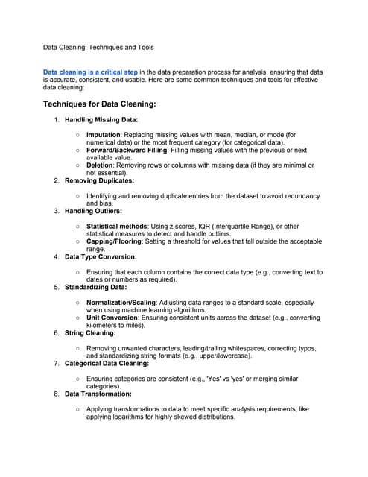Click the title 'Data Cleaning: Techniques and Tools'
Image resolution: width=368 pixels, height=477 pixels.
[x=98, y=47]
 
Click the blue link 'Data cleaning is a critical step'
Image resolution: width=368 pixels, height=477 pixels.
[x=91, y=72]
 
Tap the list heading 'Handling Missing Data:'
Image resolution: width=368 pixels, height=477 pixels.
[x=101, y=119]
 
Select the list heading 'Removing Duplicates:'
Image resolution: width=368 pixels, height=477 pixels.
[x=99, y=180]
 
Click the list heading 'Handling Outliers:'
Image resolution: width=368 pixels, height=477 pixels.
[x=95, y=211]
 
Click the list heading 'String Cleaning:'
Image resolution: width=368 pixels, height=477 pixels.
[x=91, y=333]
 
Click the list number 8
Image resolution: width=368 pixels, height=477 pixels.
[x=57, y=394]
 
